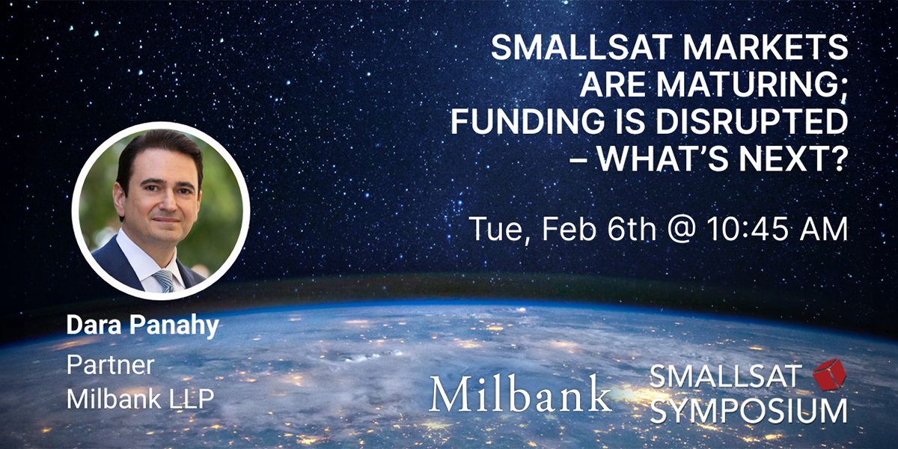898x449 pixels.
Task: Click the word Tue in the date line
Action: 495,228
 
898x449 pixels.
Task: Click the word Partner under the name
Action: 110,365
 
